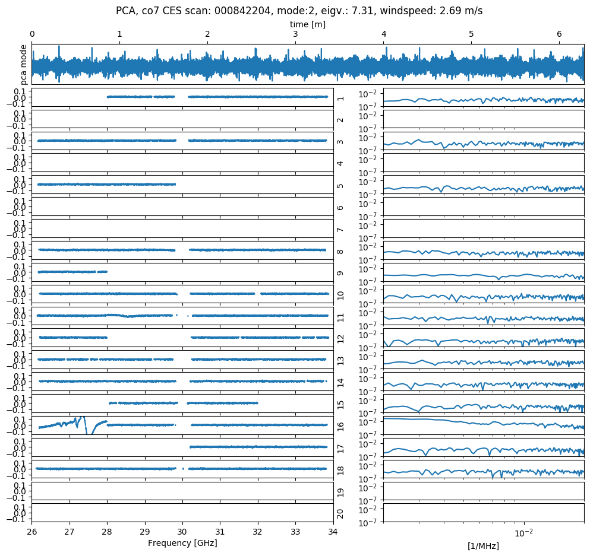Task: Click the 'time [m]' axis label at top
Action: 308,24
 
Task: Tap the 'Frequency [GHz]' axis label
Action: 182,543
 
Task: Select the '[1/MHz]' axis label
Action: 483,545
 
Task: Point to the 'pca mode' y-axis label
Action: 24,63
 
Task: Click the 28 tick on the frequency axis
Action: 107,532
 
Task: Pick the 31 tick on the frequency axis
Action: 220,532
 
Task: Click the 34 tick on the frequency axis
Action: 333,532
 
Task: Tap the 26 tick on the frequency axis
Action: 32,532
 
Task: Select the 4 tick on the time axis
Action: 383,34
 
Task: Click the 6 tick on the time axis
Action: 559,34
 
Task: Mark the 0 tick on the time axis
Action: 32,34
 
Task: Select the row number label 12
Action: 340,338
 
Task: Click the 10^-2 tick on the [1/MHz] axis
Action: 523,532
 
